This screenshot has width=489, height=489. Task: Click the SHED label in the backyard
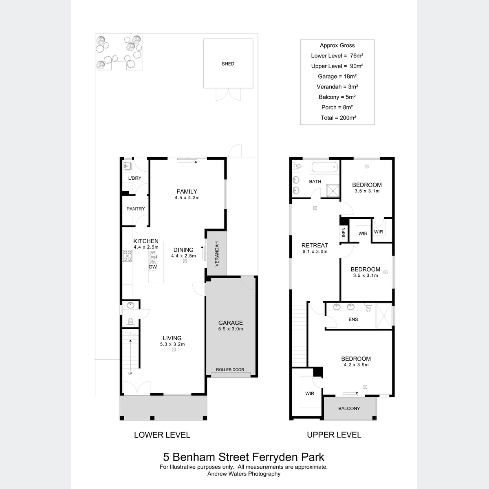pyautogui.click(x=228, y=64)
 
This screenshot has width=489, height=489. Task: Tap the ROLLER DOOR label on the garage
pyautogui.click(x=230, y=370)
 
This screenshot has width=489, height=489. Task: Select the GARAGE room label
pyautogui.click(x=230, y=323)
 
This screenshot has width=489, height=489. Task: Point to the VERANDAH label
pyautogui.click(x=217, y=254)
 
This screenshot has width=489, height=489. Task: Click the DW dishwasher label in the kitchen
pyautogui.click(x=153, y=267)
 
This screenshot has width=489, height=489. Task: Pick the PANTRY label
pyautogui.click(x=136, y=209)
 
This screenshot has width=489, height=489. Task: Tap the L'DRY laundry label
pyautogui.click(x=134, y=178)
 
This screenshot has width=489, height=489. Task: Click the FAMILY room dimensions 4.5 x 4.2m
pyautogui.click(x=187, y=198)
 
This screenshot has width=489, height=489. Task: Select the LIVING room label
pyautogui.click(x=172, y=338)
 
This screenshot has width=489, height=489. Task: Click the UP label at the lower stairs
pyautogui.click(x=130, y=373)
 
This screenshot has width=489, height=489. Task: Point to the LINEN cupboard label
pyautogui.click(x=344, y=233)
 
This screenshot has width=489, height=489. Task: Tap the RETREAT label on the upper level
pyautogui.click(x=315, y=245)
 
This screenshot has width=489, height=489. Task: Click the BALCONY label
pyautogui.click(x=349, y=408)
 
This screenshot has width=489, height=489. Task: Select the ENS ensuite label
pyautogui.click(x=353, y=319)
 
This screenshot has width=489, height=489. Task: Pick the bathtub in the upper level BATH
pyautogui.click(x=324, y=167)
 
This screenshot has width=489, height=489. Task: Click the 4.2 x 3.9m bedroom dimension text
pyautogui.click(x=356, y=365)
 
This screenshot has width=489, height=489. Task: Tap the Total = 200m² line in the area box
pyautogui.click(x=338, y=118)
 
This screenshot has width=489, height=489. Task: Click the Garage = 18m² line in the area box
pyautogui.click(x=337, y=76)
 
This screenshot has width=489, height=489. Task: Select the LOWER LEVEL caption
pyautogui.click(x=162, y=435)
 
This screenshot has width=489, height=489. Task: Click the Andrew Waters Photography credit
pyautogui.click(x=244, y=474)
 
